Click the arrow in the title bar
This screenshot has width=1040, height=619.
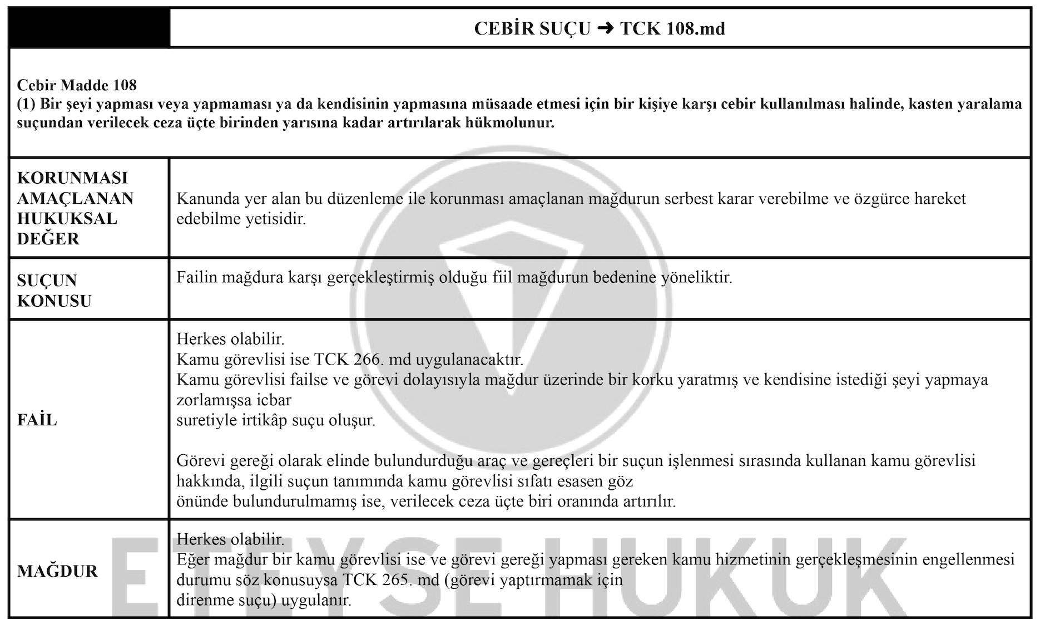click(x=605, y=28)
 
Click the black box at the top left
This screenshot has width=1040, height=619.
click(x=89, y=28)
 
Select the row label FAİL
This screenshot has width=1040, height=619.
click(x=37, y=420)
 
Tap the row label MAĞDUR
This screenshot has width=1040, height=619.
click(x=57, y=571)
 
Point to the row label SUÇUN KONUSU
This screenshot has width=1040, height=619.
click(x=54, y=290)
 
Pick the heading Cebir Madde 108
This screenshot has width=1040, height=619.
click(x=77, y=85)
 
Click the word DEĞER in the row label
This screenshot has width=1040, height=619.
click(x=48, y=239)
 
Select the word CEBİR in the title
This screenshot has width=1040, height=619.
click(x=504, y=28)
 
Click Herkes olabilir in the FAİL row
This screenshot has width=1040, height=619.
click(x=230, y=338)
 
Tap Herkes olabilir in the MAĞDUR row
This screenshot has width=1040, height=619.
click(x=230, y=539)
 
